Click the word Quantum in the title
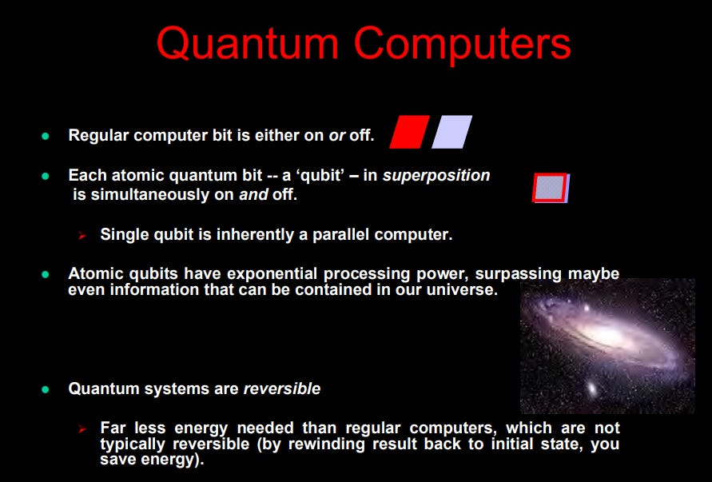[x=248, y=45]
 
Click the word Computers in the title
[x=462, y=44]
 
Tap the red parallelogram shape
[x=409, y=132]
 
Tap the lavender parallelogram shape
[x=451, y=132]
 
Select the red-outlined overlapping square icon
[x=551, y=188]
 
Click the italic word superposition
[x=436, y=175]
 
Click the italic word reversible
[x=282, y=388]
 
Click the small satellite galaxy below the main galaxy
[x=591, y=388]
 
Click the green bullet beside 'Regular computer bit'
[x=45, y=136]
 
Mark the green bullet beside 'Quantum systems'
[x=45, y=389]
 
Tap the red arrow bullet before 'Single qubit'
[x=82, y=235]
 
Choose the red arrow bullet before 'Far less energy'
[x=82, y=428]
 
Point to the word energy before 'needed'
[x=201, y=428]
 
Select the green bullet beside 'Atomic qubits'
[x=45, y=274]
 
